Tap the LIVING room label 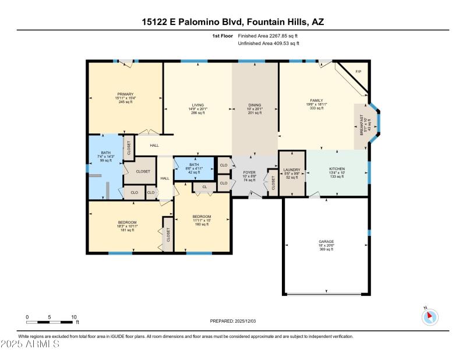click(x=197, y=105)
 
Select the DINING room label click(x=255, y=105)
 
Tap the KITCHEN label click(x=337, y=169)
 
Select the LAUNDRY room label click(x=291, y=170)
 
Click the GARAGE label click(x=326, y=241)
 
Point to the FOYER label click(x=249, y=172)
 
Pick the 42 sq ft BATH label click(x=193, y=165)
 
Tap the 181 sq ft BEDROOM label click(x=127, y=222)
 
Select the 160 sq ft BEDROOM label click(x=202, y=217)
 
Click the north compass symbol click(x=430, y=317)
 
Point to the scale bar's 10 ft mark click(x=74, y=317)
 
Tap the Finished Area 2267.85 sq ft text click(x=271, y=36)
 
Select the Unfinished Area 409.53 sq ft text click(x=271, y=43)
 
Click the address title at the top click(x=232, y=22)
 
